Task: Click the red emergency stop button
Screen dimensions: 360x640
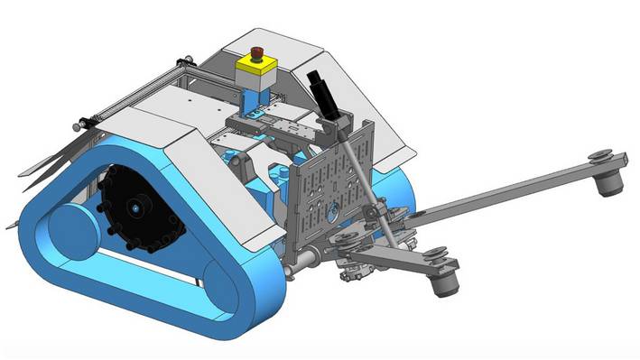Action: pos(256,52)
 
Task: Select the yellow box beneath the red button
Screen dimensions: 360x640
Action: pos(255,66)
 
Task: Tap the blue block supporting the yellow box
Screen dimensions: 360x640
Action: pos(256,90)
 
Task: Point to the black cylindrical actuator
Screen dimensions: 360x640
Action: pos(322,92)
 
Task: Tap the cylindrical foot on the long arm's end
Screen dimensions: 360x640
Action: pos(608,184)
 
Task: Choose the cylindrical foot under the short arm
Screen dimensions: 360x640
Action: pos(443,283)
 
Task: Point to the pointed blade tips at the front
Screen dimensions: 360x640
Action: pos(23,171)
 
